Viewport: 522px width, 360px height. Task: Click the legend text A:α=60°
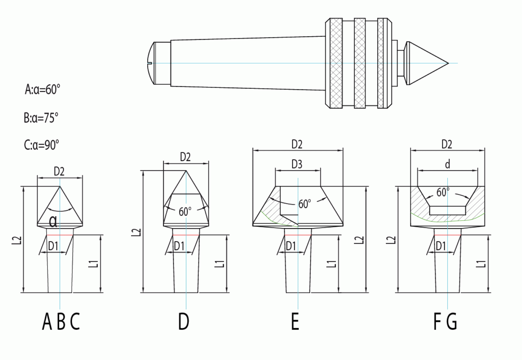[42, 89]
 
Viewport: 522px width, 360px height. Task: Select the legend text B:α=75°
[41, 118]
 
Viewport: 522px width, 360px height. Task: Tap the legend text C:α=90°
[41, 144]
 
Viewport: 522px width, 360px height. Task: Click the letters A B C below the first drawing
[61, 321]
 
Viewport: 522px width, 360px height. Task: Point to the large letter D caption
[184, 321]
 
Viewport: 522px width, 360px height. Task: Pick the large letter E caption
[295, 321]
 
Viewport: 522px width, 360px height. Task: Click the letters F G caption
[445, 321]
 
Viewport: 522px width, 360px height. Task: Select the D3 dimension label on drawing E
[297, 164]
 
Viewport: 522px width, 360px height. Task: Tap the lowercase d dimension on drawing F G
[448, 164]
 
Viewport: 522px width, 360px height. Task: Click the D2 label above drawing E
[297, 144]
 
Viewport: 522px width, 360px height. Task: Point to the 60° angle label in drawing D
[185, 211]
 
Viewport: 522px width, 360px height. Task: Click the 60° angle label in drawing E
[304, 204]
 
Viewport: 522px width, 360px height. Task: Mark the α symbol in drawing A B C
[53, 221]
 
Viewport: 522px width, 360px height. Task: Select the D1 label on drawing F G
[441, 246]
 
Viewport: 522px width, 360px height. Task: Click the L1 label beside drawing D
[220, 264]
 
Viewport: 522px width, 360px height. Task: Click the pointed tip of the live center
[448, 63]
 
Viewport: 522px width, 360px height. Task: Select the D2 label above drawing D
[185, 157]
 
